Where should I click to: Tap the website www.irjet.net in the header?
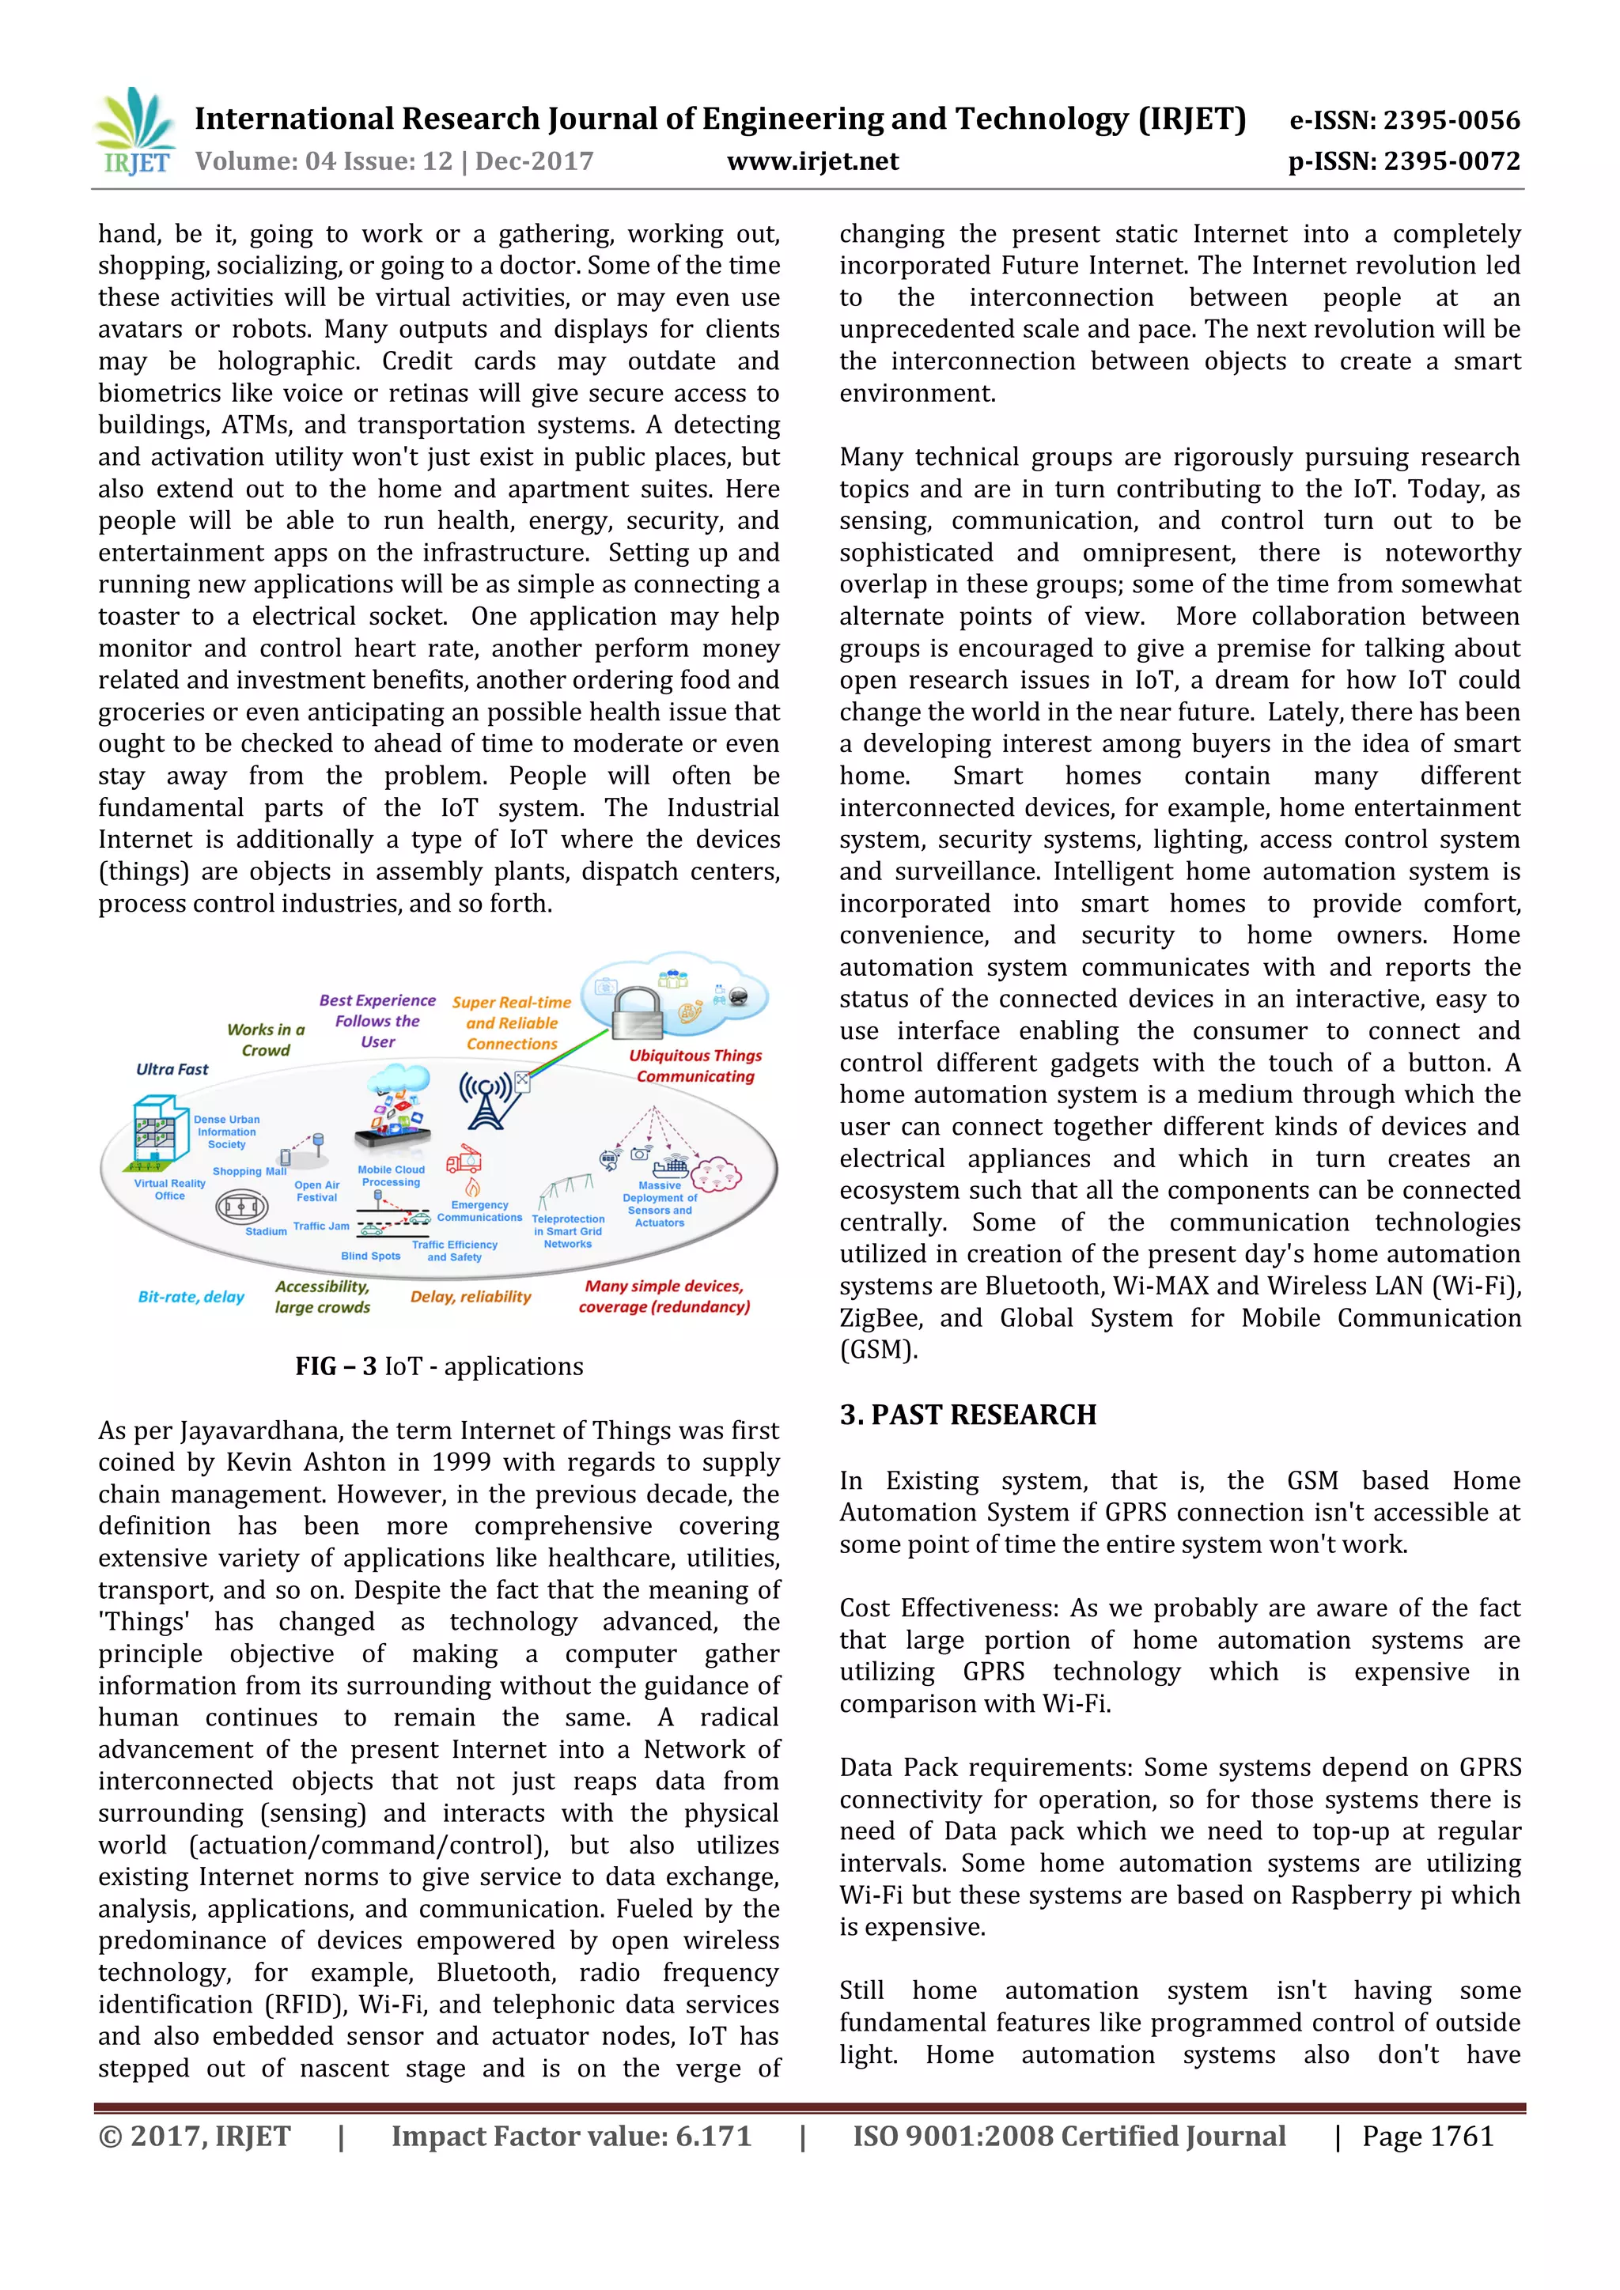[812, 161]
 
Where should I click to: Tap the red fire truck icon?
[464, 1160]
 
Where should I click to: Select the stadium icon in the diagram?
[240, 1207]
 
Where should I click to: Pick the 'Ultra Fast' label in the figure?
[172, 1069]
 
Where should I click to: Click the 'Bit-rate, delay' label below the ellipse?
[191, 1297]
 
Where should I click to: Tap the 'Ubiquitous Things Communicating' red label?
[695, 1065]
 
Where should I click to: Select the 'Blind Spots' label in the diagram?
[370, 1256]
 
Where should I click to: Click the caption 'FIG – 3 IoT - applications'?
[439, 1366]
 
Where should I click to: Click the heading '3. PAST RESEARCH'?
[967, 1415]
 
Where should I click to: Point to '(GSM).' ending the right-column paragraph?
[878, 1351]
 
